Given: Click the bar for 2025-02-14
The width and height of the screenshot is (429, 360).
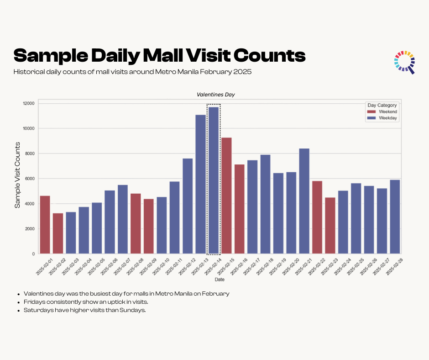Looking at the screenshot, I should tap(214, 180).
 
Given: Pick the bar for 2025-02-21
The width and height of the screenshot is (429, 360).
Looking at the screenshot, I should tap(304, 201).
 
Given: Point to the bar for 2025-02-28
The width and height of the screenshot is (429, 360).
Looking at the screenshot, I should tap(395, 217).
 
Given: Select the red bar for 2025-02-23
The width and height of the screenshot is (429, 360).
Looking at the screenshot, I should tap(330, 226).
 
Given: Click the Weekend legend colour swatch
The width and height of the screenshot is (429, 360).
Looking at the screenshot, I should tap(372, 111).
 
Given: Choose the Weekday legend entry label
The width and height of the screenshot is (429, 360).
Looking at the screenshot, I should tap(388, 118).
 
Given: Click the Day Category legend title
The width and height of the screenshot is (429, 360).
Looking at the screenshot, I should tap(382, 105).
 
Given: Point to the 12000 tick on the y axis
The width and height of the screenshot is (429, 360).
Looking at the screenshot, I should tap(28, 103).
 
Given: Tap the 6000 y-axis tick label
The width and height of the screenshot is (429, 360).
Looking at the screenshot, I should tap(30, 179).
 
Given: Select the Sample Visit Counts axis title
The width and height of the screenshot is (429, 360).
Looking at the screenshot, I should tap(17, 175).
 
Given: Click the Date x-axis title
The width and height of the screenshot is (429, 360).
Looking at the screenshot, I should tap(220, 279).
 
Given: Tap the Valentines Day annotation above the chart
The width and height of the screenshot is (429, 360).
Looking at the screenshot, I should tap(215, 95).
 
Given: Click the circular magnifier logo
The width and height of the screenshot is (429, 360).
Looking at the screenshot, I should tap(404, 62).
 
